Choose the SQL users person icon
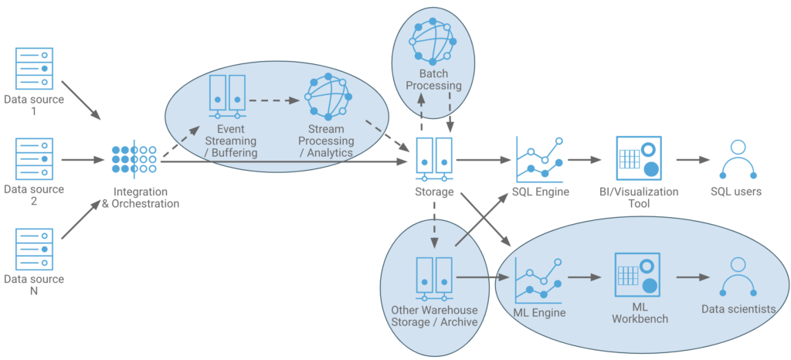tap(738, 159)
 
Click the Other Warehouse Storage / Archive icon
tap(433, 277)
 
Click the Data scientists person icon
tap(738, 276)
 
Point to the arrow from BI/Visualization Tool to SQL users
tap(693, 161)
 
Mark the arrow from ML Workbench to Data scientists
tap(693, 277)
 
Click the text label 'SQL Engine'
tap(540, 192)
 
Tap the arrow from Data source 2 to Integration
tap(81, 161)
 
